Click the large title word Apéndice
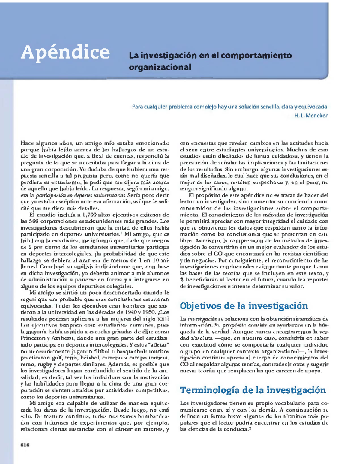coord(65,53)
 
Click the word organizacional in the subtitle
coord(160,67)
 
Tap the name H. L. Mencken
coord(310,115)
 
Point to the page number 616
coord(25,445)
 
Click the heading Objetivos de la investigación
coord(244,306)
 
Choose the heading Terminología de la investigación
coord(253,390)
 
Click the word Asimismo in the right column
coord(205,241)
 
